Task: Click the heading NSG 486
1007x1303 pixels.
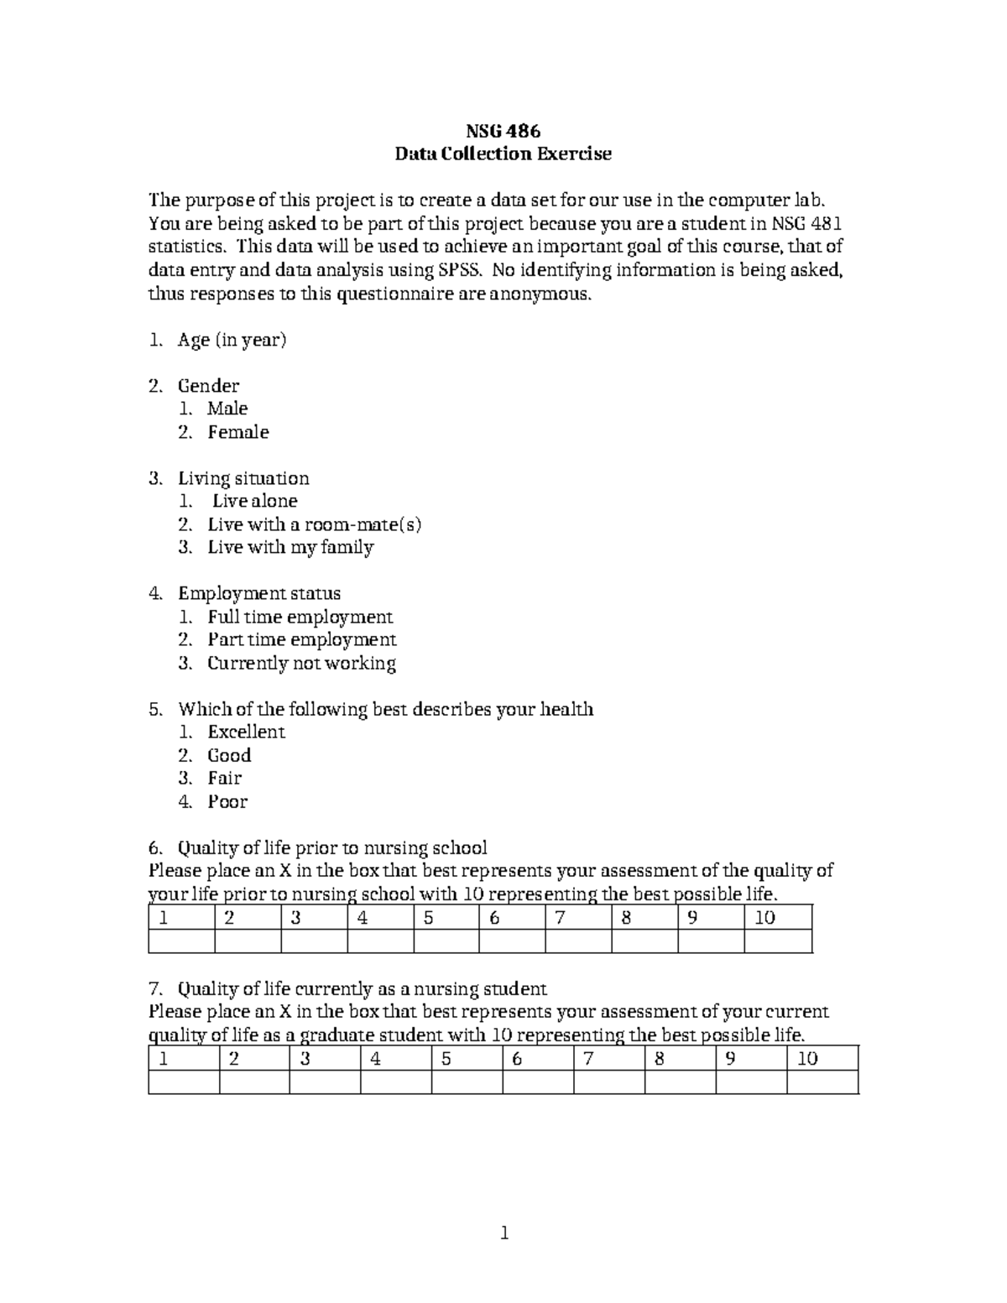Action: pyautogui.click(x=503, y=131)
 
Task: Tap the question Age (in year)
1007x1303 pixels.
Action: pyautogui.click(x=232, y=340)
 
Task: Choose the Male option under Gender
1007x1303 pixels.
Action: pyautogui.click(x=227, y=409)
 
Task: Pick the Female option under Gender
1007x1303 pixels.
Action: pyautogui.click(x=238, y=432)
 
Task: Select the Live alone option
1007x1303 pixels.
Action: pyautogui.click(x=254, y=501)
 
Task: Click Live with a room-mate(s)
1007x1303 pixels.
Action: pyautogui.click(x=314, y=524)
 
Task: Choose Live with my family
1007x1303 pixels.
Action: pyautogui.click(x=290, y=547)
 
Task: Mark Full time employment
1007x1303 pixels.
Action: pyautogui.click(x=300, y=617)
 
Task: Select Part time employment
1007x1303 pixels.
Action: pyautogui.click(x=301, y=639)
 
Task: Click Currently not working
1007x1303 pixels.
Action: pyautogui.click(x=301, y=663)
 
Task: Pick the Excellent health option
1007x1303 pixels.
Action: pyautogui.click(x=246, y=732)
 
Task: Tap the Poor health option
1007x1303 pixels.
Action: pyautogui.click(x=227, y=801)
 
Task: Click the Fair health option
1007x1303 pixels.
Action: pyautogui.click(x=224, y=778)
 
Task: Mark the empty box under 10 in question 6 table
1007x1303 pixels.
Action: pyautogui.click(x=778, y=941)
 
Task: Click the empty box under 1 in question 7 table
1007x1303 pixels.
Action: pyautogui.click(x=184, y=1082)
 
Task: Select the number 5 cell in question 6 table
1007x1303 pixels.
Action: pyautogui.click(x=446, y=918)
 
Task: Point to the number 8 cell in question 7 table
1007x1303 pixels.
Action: pyautogui.click(x=680, y=1059)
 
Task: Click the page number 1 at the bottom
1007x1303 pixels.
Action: pyautogui.click(x=503, y=1233)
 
